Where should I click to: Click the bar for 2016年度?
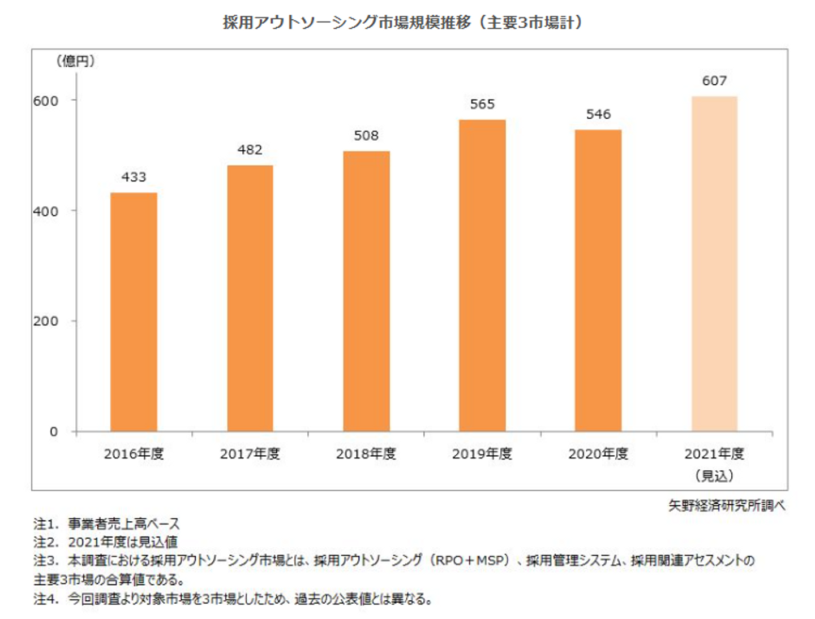134,312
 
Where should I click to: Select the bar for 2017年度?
250,298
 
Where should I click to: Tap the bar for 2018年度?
366,291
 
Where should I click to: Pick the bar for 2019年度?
482,275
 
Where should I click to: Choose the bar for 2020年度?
598,280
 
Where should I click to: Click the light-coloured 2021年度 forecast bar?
714,264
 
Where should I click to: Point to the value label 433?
134,177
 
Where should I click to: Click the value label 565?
482,104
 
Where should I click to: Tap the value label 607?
714,81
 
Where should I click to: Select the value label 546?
598,114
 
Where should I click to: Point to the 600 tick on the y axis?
46,101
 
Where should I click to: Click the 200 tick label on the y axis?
46,321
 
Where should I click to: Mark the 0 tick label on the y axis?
54,432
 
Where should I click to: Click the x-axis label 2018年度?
366,454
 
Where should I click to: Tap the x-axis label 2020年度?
598,454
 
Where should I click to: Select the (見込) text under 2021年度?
714,476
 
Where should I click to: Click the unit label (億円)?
75,61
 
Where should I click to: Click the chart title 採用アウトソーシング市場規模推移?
346,23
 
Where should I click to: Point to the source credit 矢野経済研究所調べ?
727,505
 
